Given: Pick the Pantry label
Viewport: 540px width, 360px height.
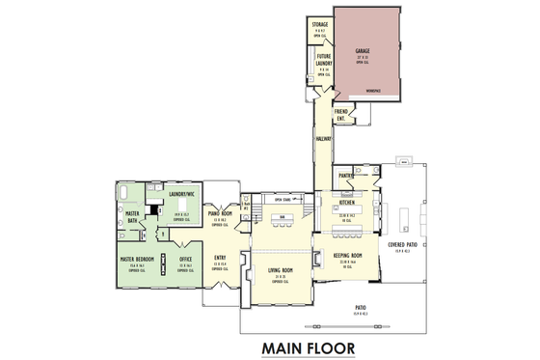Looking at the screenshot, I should point(345,175).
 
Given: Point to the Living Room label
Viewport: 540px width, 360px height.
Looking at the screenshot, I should point(280,270).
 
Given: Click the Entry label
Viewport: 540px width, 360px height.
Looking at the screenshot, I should point(219,256).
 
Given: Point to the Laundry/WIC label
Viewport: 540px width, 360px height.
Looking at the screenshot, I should point(182,194).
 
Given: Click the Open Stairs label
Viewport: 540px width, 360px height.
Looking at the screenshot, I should point(283,199).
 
